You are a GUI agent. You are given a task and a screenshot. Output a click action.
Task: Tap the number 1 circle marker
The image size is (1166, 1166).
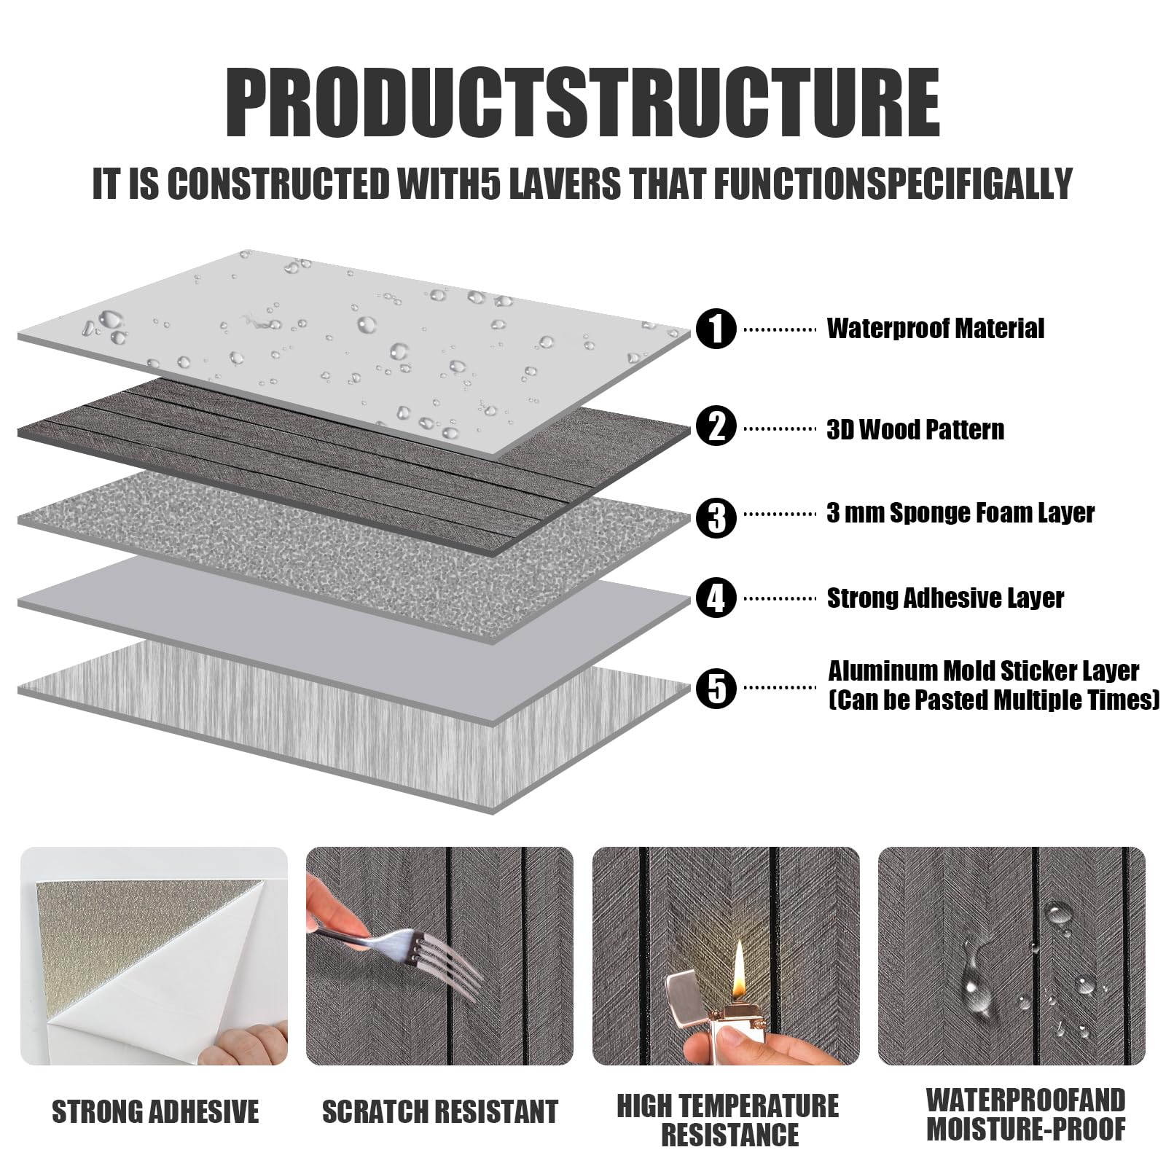pyautogui.click(x=717, y=329)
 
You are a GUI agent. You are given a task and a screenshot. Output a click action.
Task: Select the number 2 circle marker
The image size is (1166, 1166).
pyautogui.click(x=717, y=426)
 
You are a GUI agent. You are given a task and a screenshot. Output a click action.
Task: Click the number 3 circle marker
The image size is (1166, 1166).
pyautogui.click(x=717, y=517)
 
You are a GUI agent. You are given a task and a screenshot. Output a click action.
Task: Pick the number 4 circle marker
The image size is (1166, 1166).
pyautogui.click(x=717, y=598)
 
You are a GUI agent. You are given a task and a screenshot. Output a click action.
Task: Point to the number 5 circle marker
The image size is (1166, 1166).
pyautogui.click(x=717, y=689)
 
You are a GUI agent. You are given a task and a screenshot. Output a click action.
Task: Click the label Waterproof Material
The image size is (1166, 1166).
pyautogui.click(x=935, y=329)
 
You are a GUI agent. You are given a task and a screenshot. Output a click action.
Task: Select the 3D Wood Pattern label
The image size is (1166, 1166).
pyautogui.click(x=915, y=429)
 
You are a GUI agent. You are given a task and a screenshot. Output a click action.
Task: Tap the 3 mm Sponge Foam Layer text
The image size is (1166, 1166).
pyautogui.click(x=960, y=514)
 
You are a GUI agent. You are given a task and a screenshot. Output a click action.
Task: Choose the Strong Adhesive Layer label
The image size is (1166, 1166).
pyautogui.click(x=945, y=598)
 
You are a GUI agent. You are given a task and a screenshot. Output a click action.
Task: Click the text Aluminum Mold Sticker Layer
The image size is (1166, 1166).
pyautogui.click(x=984, y=670)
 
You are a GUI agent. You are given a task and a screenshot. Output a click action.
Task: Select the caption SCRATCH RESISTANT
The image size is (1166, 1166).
pyautogui.click(x=440, y=1112)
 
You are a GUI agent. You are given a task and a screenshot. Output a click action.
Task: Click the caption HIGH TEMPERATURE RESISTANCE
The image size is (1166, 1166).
pyautogui.click(x=728, y=1120)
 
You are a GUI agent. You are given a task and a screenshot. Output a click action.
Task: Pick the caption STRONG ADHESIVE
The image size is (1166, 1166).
pyautogui.click(x=155, y=1112)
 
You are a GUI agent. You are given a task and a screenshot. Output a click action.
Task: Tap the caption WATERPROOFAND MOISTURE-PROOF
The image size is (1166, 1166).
pyautogui.click(x=1025, y=1114)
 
